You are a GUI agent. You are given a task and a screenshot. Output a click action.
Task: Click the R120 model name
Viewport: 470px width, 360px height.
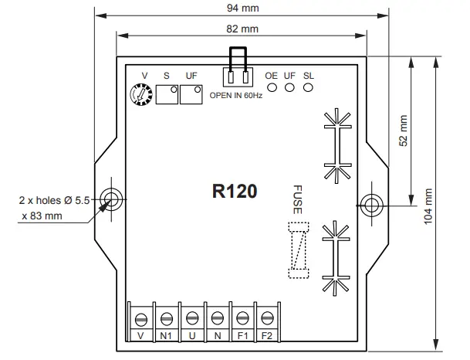coord(235,191)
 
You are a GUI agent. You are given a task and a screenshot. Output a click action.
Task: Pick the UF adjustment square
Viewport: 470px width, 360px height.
coord(191,95)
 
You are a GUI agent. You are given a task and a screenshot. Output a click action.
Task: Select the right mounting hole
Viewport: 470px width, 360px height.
coord(371,205)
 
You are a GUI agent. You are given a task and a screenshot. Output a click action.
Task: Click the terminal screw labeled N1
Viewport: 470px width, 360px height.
coord(167,318)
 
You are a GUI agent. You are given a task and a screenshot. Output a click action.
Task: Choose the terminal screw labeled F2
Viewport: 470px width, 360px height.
coord(267,318)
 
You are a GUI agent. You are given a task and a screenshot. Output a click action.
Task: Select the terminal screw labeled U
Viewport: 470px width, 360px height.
coord(192,318)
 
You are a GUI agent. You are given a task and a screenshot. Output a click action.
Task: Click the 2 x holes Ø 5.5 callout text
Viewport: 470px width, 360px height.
coord(55,199)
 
